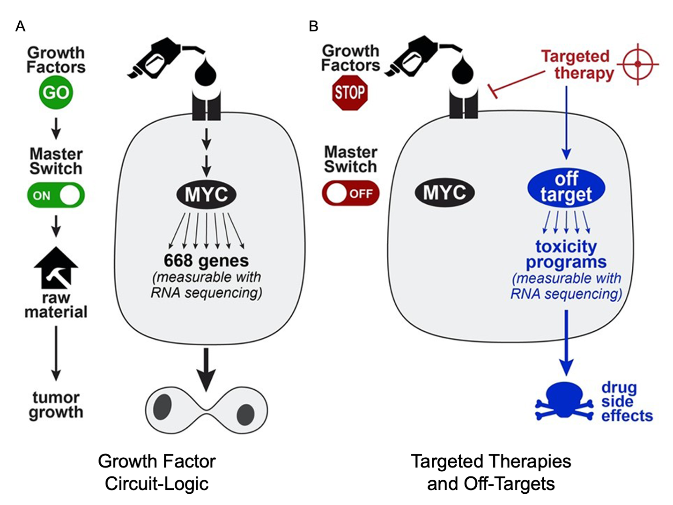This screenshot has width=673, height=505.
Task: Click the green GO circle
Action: coord(56,92)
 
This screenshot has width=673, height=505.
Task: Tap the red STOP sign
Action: coord(349,92)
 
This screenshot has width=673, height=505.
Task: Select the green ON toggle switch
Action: coord(56,195)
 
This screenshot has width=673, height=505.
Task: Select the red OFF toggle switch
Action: coord(350,193)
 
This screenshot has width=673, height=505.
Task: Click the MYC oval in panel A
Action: coord(206,194)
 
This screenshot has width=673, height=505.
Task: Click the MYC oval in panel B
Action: coord(444,193)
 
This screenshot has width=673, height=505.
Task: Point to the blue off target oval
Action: coord(566,187)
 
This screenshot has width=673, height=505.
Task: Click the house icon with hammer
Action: coord(56,268)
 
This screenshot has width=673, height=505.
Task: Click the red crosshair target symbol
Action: coord(637,64)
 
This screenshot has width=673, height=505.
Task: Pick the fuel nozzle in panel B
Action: coord(414,58)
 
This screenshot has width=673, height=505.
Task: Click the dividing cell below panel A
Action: coord(206,411)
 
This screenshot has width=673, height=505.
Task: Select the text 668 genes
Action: coord(206,260)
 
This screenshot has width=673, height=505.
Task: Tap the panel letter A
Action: coord(20,26)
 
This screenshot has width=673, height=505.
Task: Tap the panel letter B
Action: coord(313,26)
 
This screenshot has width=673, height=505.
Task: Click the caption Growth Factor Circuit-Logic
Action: coord(157,472)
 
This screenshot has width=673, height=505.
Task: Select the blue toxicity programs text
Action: coord(566,254)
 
